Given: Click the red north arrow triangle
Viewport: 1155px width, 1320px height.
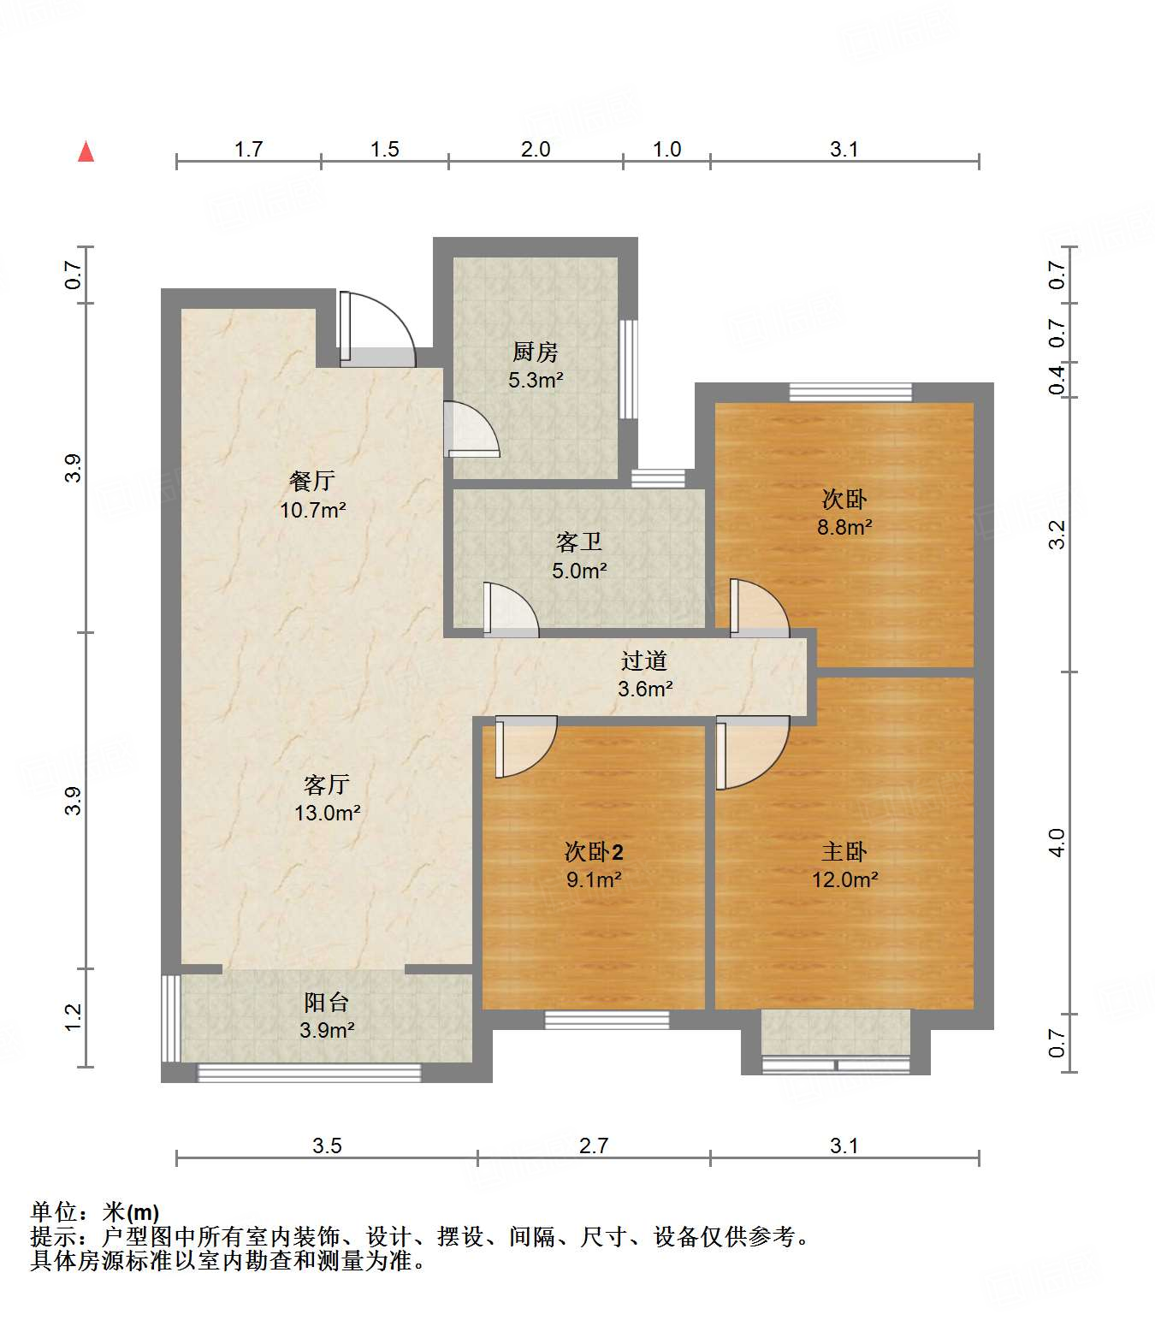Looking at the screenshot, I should coord(86,152).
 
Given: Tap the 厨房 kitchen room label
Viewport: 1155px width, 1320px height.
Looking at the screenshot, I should coord(535,352).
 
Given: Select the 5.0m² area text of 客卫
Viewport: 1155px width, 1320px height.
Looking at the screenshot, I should coord(579,571).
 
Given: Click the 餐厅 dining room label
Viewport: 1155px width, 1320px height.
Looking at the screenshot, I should coord(312,482).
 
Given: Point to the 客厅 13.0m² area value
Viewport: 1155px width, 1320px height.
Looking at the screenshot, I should coord(327,813).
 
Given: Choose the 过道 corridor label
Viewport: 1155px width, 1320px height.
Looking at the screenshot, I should coord(644,660).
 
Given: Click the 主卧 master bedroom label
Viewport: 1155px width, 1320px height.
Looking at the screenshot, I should coord(844,851).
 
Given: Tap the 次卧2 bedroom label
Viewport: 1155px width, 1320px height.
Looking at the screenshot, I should coord(594,851).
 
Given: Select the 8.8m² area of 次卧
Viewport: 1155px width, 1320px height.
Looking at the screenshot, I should coord(844,527).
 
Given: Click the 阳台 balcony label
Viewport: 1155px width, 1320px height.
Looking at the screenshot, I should coord(326,1002).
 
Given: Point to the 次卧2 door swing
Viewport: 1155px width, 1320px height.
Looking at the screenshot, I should coord(524,746).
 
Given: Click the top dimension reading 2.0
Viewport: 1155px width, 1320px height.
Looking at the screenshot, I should coord(536,149).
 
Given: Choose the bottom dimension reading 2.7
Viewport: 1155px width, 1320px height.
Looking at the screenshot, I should coord(594,1145).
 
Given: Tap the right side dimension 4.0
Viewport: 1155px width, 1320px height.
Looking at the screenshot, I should coord(1057,843).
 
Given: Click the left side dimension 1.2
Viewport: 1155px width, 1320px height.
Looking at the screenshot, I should coord(73,1017).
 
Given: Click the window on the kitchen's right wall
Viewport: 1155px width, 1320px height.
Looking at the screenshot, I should coord(629,369).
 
